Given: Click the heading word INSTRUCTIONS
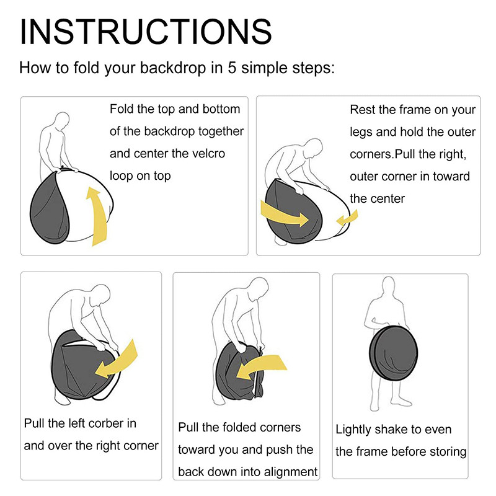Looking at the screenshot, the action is pyautogui.click(x=146, y=32).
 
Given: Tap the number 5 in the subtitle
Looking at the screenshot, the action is pyautogui.click(x=232, y=68).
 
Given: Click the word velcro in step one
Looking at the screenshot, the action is pyautogui.click(x=208, y=153).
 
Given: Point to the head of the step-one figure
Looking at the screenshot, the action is pyautogui.click(x=62, y=120).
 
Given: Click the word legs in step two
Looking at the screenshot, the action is pyautogui.click(x=361, y=133).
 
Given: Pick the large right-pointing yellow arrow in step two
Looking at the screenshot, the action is pyautogui.click(x=283, y=214).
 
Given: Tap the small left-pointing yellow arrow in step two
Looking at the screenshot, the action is pyautogui.click(x=347, y=218).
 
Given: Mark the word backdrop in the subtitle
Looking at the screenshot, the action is pyautogui.click(x=173, y=68).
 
